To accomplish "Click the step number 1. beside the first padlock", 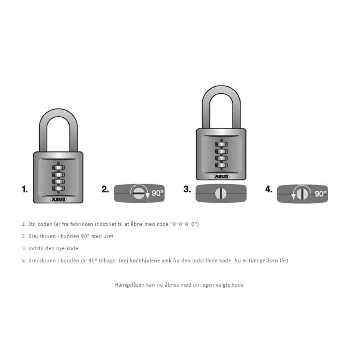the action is pos(25,189).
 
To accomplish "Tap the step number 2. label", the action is pos(105,189).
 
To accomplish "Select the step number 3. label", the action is pos(187,189).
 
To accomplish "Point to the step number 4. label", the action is pos(269,189).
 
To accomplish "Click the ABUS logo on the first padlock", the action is pos(58,199).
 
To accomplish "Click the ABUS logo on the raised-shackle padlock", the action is pos(221,176).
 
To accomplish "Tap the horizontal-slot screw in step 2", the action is pos(139,194).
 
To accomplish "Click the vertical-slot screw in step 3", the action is pos(221,194).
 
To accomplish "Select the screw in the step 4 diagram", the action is pos(302,194).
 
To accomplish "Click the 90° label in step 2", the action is pos(158,193).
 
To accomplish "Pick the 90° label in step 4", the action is pos(321,194).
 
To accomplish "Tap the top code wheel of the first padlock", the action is pos(58,168).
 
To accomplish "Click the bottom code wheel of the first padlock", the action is pos(58,189).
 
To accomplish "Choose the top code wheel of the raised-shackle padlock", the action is pos(221,144).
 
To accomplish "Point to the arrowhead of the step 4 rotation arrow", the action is pos(293,196).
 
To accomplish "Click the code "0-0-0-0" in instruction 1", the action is pos(185,224).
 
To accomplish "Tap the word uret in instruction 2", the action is pos(108,236).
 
